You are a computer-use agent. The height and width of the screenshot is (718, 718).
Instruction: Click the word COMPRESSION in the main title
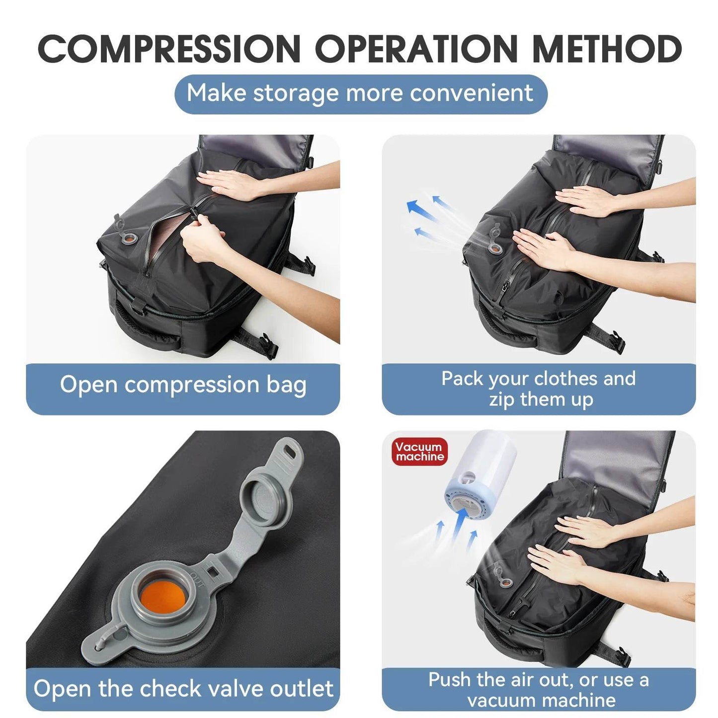(x=169, y=49)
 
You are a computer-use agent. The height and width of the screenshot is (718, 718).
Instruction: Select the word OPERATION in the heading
(x=416, y=49)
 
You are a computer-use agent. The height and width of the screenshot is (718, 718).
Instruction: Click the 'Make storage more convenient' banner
(x=360, y=93)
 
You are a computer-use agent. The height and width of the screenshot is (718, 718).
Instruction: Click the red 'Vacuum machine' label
(x=419, y=452)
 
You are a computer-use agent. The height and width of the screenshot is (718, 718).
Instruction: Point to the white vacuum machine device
(x=481, y=472)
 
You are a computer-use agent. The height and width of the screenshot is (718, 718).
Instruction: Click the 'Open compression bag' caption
(x=183, y=385)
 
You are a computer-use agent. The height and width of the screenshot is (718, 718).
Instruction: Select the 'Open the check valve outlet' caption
(x=183, y=689)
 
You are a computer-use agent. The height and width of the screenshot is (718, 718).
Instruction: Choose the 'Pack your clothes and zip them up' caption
(x=539, y=389)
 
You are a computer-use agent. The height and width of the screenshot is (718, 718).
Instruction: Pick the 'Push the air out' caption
(x=539, y=690)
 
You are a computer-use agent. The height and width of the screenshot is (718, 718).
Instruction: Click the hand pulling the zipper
(x=204, y=243)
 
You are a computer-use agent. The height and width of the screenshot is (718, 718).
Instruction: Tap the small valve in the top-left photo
(x=130, y=239)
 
